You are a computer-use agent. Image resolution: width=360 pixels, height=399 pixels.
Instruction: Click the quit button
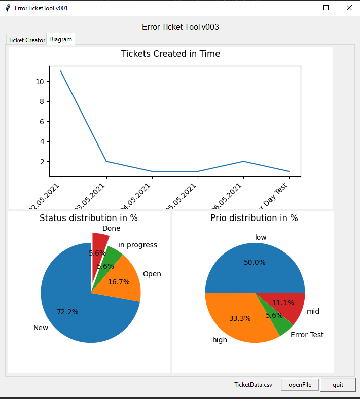coord(338,385)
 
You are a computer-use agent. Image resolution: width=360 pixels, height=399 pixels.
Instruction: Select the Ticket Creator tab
coord(26,40)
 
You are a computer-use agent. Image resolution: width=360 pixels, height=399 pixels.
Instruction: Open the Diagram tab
coord(60,39)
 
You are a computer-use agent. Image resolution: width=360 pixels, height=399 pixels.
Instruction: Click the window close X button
coord(349,8)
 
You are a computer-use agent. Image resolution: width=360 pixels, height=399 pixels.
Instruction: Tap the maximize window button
coord(326,8)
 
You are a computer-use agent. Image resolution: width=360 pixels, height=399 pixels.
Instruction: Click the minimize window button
coord(303,8)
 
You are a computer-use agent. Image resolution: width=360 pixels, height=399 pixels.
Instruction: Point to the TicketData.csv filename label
coord(253,385)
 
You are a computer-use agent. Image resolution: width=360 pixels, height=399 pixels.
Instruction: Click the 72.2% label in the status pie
coord(67,312)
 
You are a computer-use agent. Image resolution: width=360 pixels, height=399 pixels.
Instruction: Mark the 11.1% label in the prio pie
coord(283,303)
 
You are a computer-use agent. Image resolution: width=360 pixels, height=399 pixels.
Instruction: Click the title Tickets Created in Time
coord(170,54)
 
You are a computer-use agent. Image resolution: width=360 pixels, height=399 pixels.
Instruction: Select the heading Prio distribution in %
coord(254,218)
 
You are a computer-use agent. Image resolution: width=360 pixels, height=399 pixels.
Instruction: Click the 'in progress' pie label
coord(137,245)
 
